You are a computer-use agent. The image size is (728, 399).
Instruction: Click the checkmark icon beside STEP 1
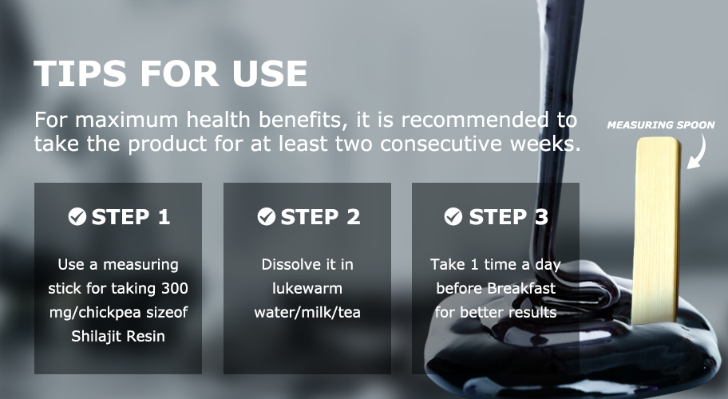77,217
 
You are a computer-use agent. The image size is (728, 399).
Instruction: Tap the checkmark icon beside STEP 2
267,217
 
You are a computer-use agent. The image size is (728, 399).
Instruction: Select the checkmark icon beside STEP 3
453,217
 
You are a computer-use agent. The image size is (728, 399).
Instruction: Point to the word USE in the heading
271,73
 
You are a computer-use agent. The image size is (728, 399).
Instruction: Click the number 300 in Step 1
175,289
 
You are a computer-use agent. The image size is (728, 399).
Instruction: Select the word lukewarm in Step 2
307,289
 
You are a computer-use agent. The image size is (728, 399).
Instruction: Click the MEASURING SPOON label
661,124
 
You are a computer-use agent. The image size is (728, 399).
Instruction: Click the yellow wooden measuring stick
655,230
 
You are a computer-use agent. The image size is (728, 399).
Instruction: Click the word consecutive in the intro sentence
433,144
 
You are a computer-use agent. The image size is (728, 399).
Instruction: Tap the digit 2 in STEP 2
354,217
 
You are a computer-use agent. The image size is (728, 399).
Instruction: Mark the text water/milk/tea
307,313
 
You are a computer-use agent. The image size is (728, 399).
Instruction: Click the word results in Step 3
532,313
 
